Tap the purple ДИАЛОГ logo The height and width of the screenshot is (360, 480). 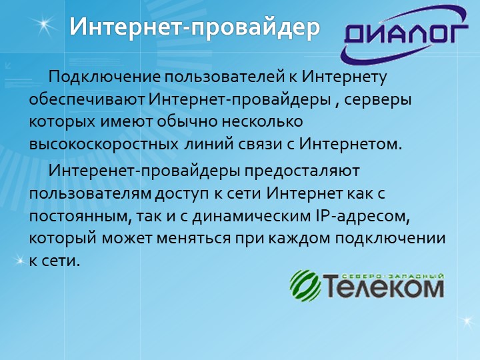point(404,34)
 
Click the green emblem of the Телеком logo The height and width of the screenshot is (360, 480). point(305,285)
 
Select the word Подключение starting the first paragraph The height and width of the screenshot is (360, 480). point(105,77)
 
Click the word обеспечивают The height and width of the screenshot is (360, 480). point(87,99)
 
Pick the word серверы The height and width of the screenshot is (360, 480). point(377,101)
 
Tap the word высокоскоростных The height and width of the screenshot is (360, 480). point(104,145)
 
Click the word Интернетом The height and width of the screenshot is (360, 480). point(350,144)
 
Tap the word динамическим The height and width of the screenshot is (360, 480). point(251,217)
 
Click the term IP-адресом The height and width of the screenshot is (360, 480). point(362,217)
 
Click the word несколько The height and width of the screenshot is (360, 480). point(262,122)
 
